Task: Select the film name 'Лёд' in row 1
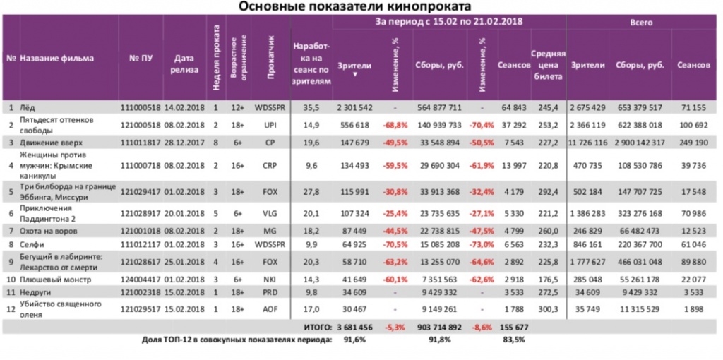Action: coord(28,107)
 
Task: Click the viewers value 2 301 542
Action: coord(354,107)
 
